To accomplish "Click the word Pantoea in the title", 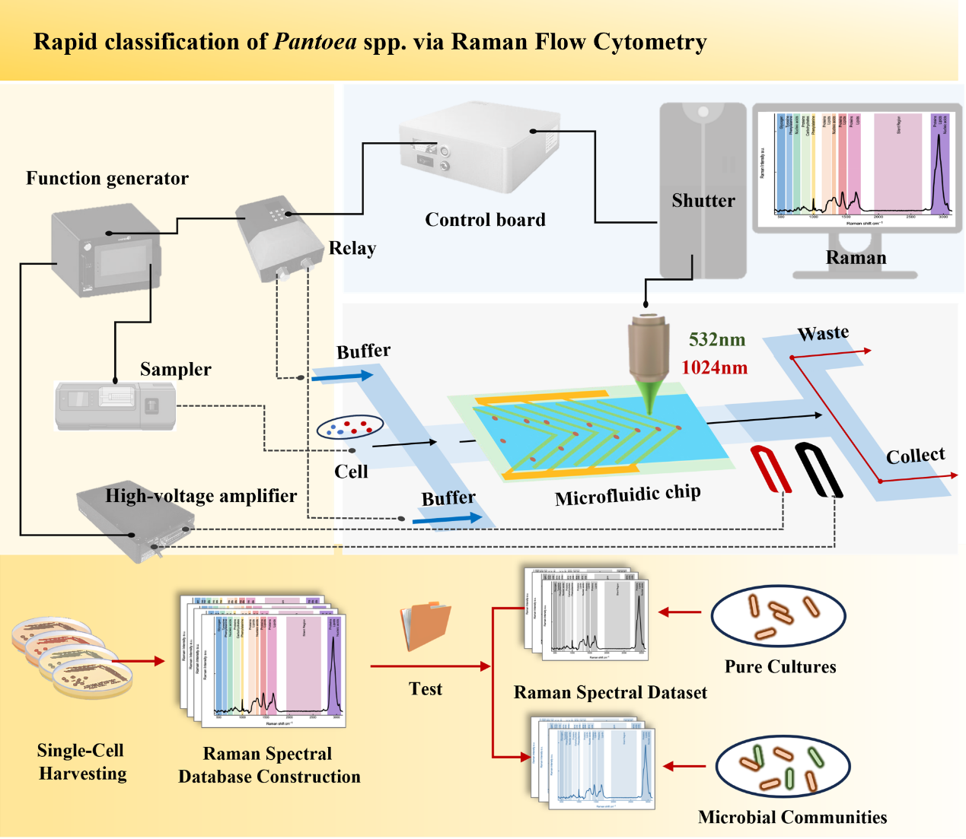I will coord(315,42).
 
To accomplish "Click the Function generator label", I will coord(107,179).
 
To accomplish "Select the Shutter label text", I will coord(703,201).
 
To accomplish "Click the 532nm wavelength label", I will coord(716,340).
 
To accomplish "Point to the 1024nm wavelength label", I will coord(714,368).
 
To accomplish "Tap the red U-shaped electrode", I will coord(771,469).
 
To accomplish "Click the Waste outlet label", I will coord(823,333).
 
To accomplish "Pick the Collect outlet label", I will coord(915,456).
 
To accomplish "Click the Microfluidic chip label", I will coord(627,496).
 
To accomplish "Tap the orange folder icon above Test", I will coord(426,625).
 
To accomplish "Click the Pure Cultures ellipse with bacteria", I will coord(778,616).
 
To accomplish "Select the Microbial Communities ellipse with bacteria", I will coord(783,767).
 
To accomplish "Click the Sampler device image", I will coord(116,405).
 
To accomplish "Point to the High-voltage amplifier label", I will coord(201,496).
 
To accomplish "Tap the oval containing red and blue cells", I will coord(350,427).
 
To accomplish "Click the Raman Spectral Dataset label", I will coord(610,692).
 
